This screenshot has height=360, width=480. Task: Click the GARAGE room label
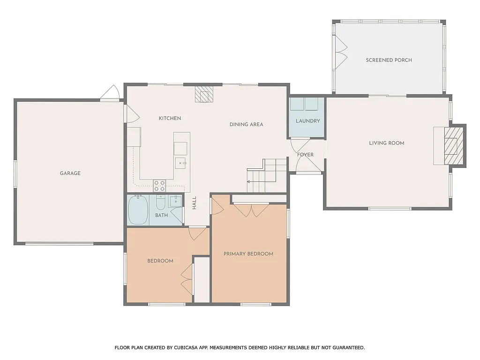tap(70, 173)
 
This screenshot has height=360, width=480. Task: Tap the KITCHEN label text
tap(170, 119)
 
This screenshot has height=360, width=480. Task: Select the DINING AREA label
tap(246, 125)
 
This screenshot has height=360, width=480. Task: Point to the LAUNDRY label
tap(307, 121)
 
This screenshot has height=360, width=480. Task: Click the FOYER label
tap(305, 155)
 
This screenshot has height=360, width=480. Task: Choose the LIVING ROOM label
tap(386, 143)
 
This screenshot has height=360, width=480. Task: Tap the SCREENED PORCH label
tap(389, 60)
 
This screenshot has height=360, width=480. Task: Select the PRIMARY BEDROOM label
tap(248, 254)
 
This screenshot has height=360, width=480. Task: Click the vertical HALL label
tap(194, 202)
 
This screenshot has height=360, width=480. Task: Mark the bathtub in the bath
tap(138, 210)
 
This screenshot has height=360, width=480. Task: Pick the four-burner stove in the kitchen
tap(159, 186)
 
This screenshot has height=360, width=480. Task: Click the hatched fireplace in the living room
tap(451, 146)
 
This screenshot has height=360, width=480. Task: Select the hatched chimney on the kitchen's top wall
tap(204, 94)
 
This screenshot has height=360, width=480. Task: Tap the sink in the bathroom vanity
tap(175, 202)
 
